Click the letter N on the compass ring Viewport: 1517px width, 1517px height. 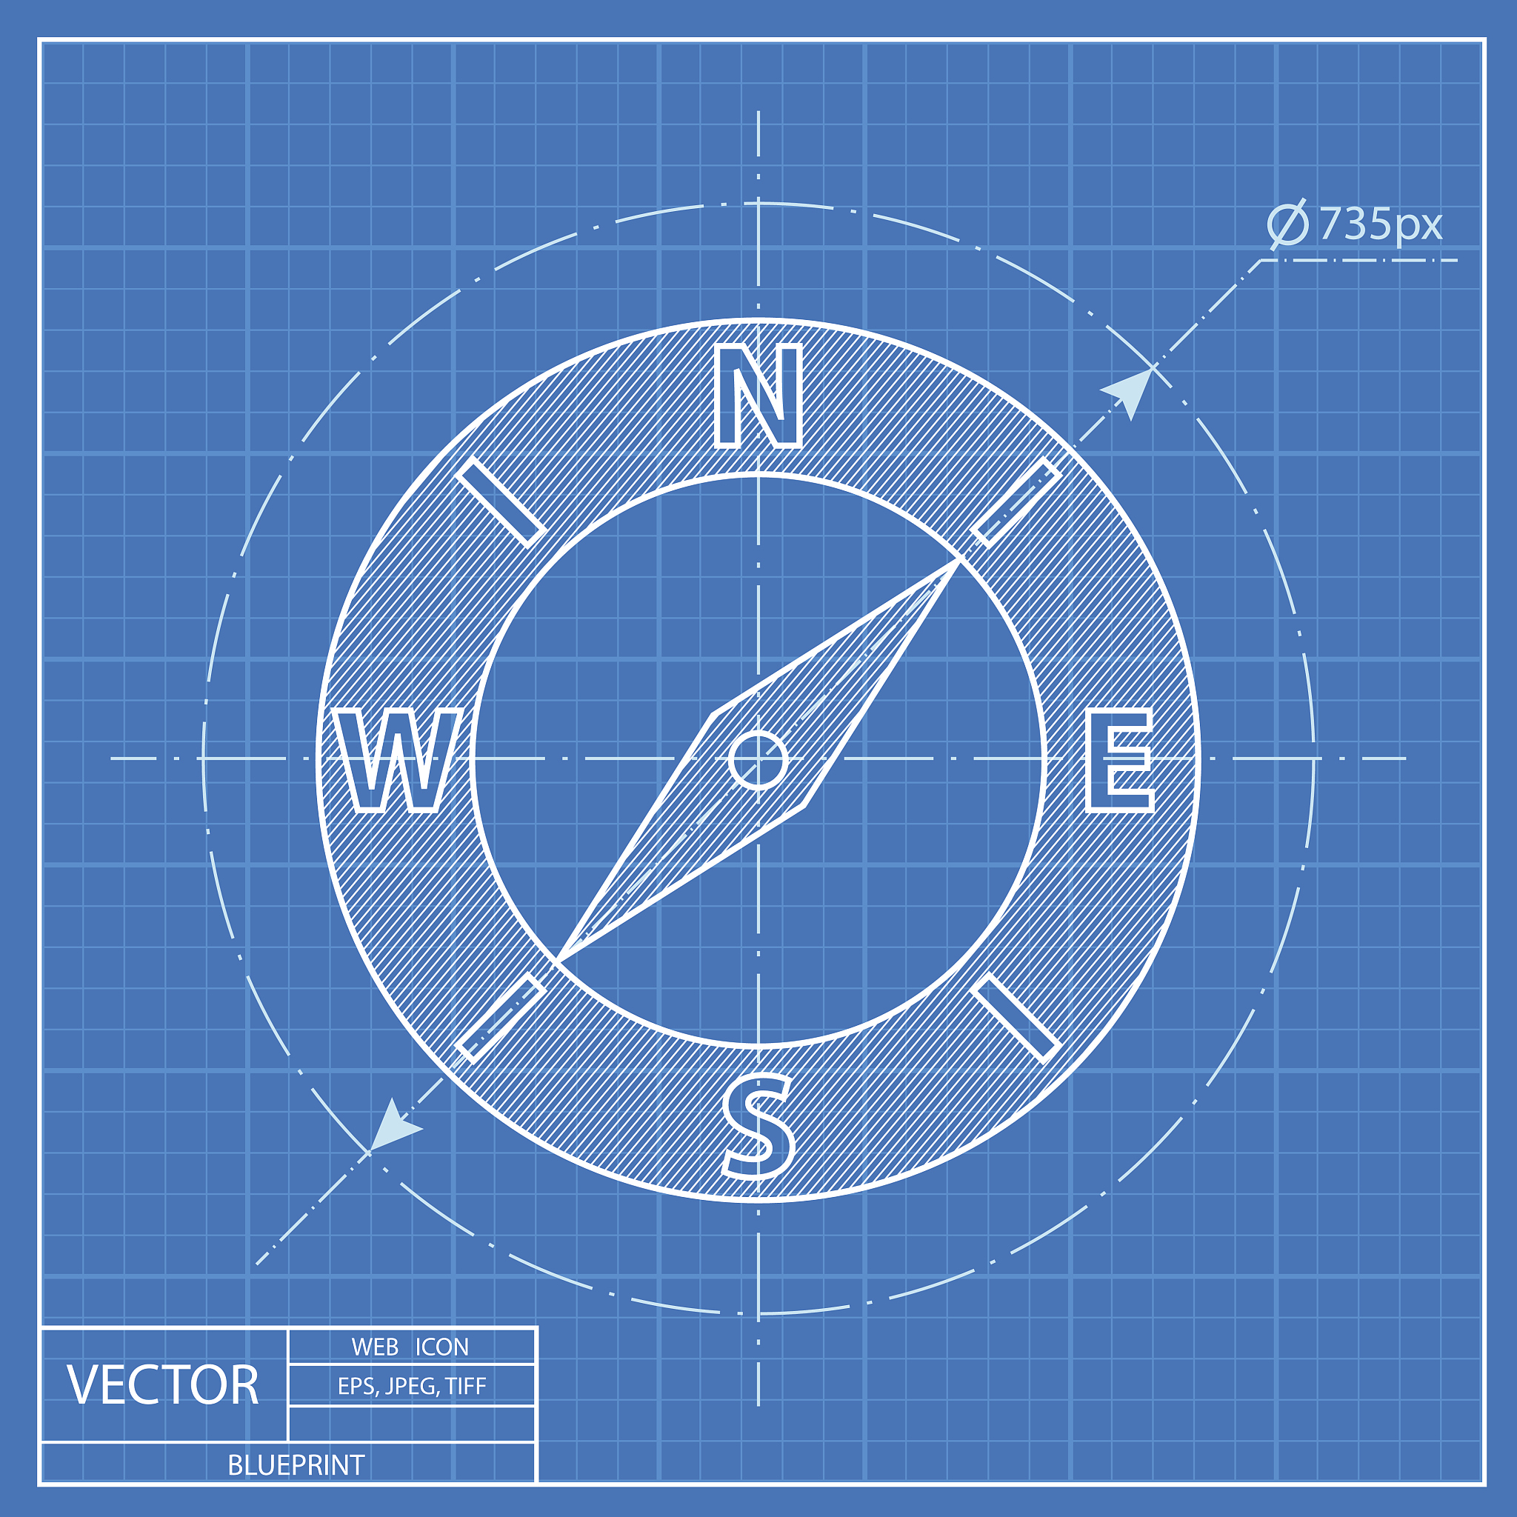tap(758, 396)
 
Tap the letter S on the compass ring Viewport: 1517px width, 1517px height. tap(758, 1126)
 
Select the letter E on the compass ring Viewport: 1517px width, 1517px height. tap(1120, 759)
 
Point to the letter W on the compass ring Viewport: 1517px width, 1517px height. tap(396, 759)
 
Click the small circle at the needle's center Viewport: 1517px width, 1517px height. tap(758, 759)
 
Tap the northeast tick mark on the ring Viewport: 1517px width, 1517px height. tap(1016, 501)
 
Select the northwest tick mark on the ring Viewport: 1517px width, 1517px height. tap(501, 501)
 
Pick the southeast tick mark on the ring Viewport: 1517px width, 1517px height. tap(1016, 1018)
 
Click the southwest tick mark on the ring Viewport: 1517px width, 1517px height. tap(500, 1018)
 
